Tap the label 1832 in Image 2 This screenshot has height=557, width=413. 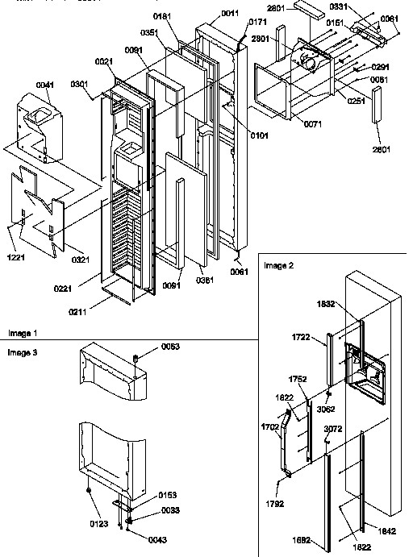[325, 306]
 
